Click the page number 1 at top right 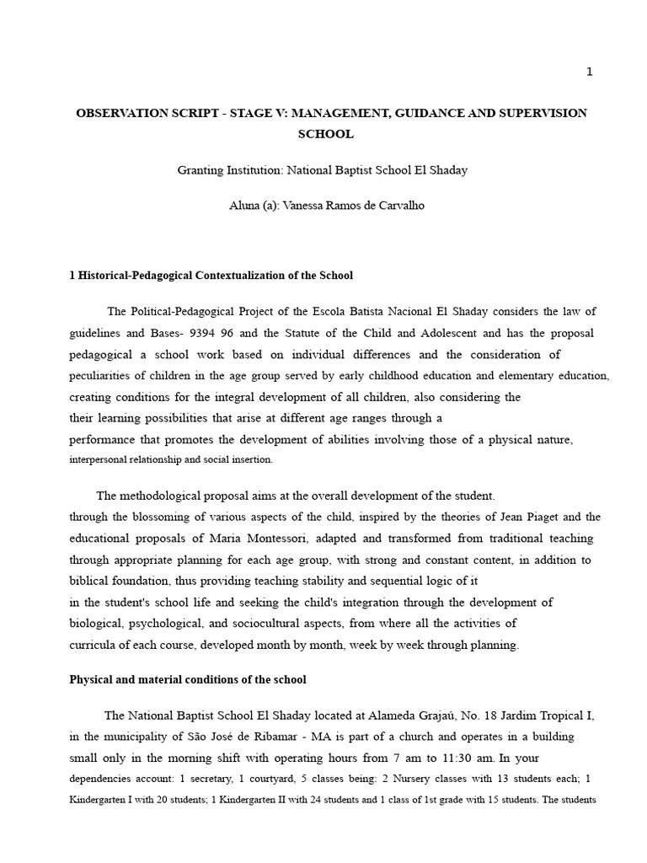click(x=590, y=72)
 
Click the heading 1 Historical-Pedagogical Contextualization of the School click(x=211, y=276)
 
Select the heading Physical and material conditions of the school click(x=188, y=679)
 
